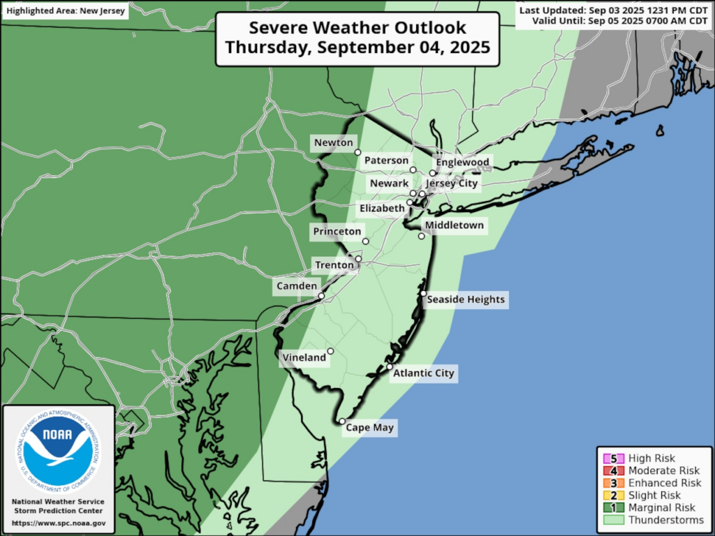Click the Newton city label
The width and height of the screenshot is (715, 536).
point(333,142)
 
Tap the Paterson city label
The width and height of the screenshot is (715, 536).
point(386,161)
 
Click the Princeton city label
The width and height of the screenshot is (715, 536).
point(337,232)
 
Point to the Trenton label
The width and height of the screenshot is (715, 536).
point(334,265)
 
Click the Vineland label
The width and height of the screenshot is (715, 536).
point(304,358)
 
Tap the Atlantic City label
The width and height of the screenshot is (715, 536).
point(424,373)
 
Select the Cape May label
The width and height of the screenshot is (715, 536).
point(370,428)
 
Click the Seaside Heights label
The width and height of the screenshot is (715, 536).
point(465,299)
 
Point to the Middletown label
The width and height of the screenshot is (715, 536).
point(454,225)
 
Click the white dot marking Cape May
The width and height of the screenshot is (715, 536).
point(341,422)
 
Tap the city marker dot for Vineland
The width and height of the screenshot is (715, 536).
point(330,351)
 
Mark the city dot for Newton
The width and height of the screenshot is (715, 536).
point(357,152)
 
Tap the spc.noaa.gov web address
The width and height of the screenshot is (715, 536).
point(59,523)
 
